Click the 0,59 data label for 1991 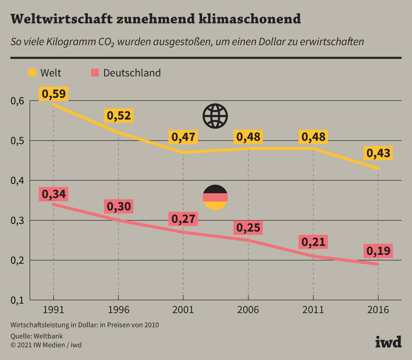53,94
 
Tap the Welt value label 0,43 378,153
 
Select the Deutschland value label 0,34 53,194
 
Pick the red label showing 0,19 378,251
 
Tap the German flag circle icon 215,197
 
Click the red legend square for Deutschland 95,73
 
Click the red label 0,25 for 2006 248,227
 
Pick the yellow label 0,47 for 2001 183,137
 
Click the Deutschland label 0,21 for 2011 313,242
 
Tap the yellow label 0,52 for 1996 118,116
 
